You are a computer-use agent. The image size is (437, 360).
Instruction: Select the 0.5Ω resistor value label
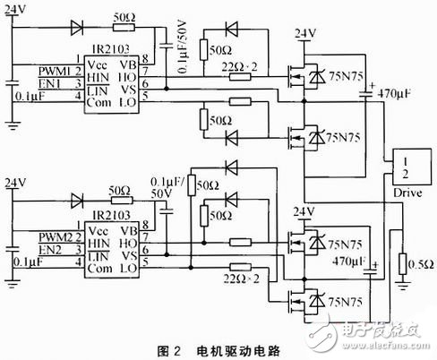pos(413,267)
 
